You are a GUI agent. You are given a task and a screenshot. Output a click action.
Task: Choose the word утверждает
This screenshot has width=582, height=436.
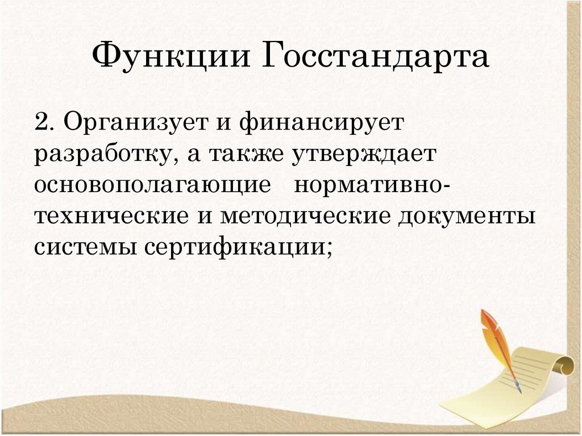coord(364,155)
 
